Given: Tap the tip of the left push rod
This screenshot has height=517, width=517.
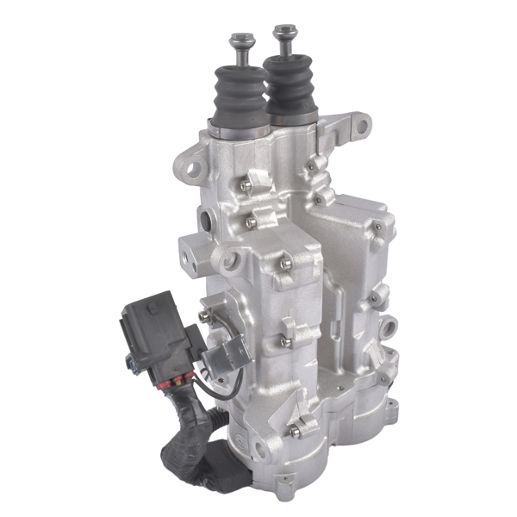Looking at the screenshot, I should click(240, 40).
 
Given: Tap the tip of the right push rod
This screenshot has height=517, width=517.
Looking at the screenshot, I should click(283, 31).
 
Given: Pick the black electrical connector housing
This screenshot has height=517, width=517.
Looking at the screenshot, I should click(153, 336).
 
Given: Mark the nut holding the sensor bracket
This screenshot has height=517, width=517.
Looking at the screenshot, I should click(204, 317).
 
